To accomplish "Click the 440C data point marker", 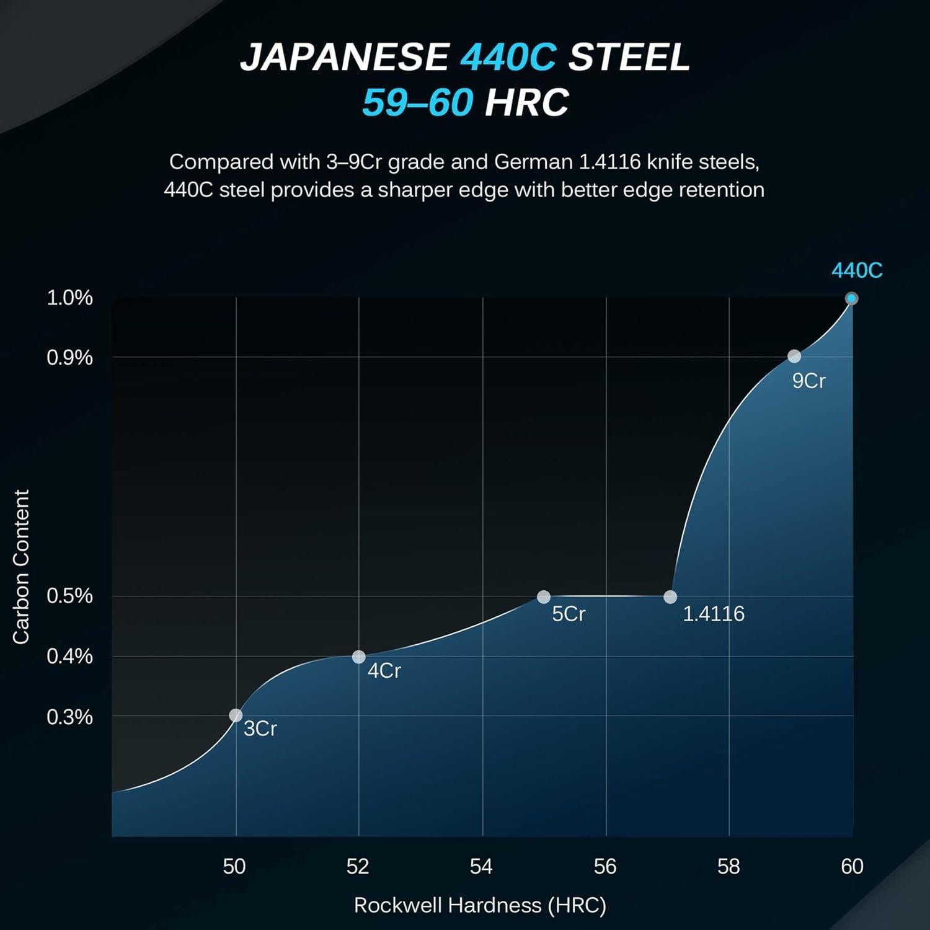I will (x=851, y=298).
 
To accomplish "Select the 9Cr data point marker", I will (x=794, y=356).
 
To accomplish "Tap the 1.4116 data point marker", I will (x=670, y=597).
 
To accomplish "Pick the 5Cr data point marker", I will (x=544, y=597).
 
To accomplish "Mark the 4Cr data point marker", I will (x=358, y=657).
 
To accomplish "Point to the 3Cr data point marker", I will (x=236, y=715).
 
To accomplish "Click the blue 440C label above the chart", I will (x=857, y=270).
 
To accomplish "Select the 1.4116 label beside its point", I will (x=714, y=614).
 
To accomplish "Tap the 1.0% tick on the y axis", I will (x=69, y=298).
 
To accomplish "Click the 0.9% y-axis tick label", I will (x=69, y=357).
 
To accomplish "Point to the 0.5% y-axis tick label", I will (x=69, y=596).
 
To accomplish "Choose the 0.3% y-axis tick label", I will (x=69, y=717).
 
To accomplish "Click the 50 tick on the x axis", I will (x=234, y=866).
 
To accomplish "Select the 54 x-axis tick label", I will (x=481, y=866).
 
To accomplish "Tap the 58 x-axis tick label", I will (x=728, y=866).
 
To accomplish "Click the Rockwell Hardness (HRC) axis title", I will (x=480, y=905).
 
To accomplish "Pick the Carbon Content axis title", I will (x=21, y=567).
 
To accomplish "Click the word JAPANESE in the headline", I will (x=344, y=57).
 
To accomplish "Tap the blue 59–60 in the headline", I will (x=418, y=102).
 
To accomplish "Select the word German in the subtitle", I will (x=533, y=162).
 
